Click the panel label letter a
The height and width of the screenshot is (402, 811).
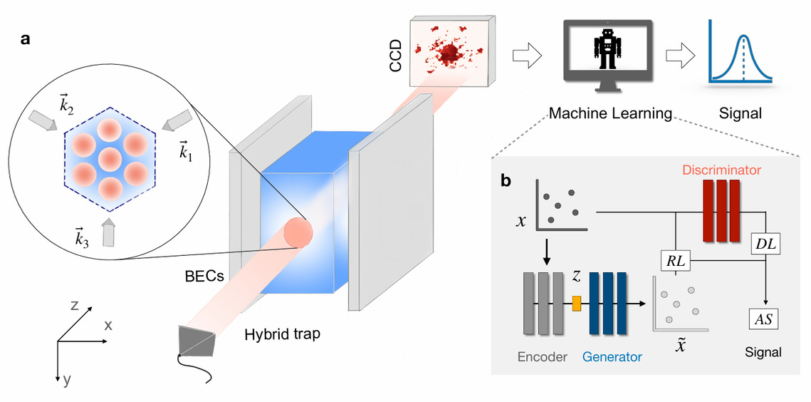tap(25, 40)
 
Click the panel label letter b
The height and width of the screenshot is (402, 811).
tap(506, 181)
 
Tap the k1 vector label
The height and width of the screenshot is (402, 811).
tap(186, 152)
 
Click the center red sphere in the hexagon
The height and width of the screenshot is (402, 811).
tap(109, 158)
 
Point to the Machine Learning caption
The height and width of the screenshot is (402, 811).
tap(610, 113)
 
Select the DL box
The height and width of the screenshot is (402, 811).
tap(766, 243)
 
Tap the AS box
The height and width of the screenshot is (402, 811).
tap(763, 319)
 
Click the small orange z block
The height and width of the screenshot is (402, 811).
tap(577, 304)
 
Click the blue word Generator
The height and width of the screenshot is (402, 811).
tap(612, 356)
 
